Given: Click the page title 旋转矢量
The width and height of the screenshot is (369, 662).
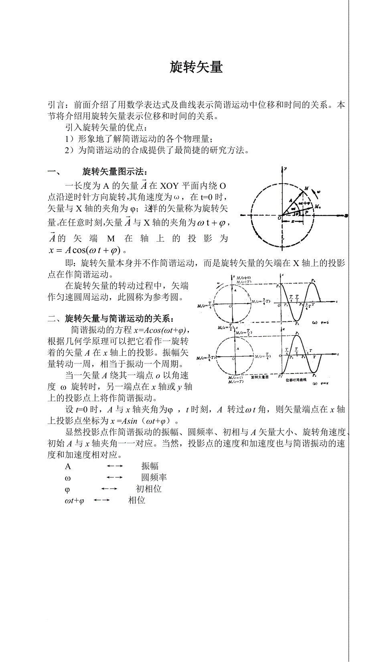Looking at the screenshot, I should (x=196, y=67).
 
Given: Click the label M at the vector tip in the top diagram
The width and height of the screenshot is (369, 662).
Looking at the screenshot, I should (x=306, y=188).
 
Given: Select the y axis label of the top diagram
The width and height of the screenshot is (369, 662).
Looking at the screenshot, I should (x=285, y=169).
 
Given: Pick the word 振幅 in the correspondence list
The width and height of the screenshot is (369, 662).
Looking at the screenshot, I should (x=150, y=466).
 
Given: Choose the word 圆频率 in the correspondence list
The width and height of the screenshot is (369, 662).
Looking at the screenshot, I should (x=154, y=477).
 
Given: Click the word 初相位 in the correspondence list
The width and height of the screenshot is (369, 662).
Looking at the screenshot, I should (x=148, y=489).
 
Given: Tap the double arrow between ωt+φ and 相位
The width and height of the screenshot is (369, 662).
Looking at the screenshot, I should (x=101, y=500).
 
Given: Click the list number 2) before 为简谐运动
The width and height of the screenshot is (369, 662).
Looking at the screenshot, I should (x=69, y=150).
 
